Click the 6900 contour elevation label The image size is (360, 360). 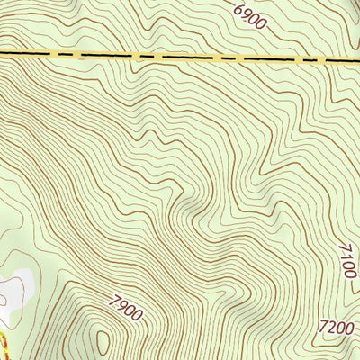point(249,17)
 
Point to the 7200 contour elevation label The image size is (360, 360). point(335,328)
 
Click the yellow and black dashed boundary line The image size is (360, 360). point(180,56)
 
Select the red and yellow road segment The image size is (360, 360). point(3,346)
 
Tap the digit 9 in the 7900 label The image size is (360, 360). point(121,309)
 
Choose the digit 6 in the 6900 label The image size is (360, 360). point(238,9)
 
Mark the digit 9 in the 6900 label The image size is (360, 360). point(246,14)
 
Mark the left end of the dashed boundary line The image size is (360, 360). point(3,54)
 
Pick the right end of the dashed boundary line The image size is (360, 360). point(357,62)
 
